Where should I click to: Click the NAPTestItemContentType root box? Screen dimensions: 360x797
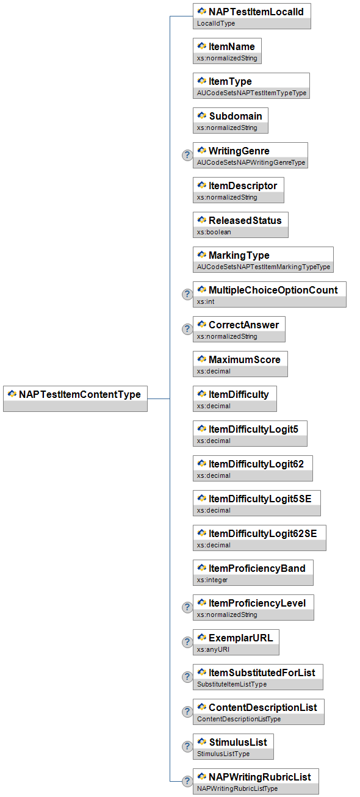(x=75, y=398)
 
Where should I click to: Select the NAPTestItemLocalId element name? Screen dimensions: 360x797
(x=256, y=12)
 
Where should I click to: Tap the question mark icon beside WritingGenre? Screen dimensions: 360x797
(x=187, y=155)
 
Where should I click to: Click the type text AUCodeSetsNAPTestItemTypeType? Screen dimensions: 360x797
(x=251, y=93)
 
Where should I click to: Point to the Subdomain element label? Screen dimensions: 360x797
(x=235, y=116)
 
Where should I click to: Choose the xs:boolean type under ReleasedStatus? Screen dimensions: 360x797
(x=214, y=232)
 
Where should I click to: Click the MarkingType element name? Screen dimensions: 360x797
(x=239, y=255)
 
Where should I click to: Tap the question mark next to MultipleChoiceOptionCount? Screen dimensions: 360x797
(x=187, y=294)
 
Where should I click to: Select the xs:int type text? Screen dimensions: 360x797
(x=206, y=301)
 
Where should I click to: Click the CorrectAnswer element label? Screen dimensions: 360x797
(x=243, y=325)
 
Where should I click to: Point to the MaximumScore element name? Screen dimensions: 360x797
(x=245, y=359)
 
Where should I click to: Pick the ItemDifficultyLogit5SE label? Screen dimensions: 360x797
(x=260, y=499)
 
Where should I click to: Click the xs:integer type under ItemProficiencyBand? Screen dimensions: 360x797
(x=212, y=580)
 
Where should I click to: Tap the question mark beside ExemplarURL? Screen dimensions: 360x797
(x=187, y=642)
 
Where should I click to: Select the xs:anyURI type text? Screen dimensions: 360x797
(x=213, y=649)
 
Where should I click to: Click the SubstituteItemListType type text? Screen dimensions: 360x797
(x=232, y=684)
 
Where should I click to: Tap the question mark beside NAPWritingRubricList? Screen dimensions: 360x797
(x=187, y=781)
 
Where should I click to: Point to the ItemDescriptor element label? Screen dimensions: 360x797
(x=243, y=186)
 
